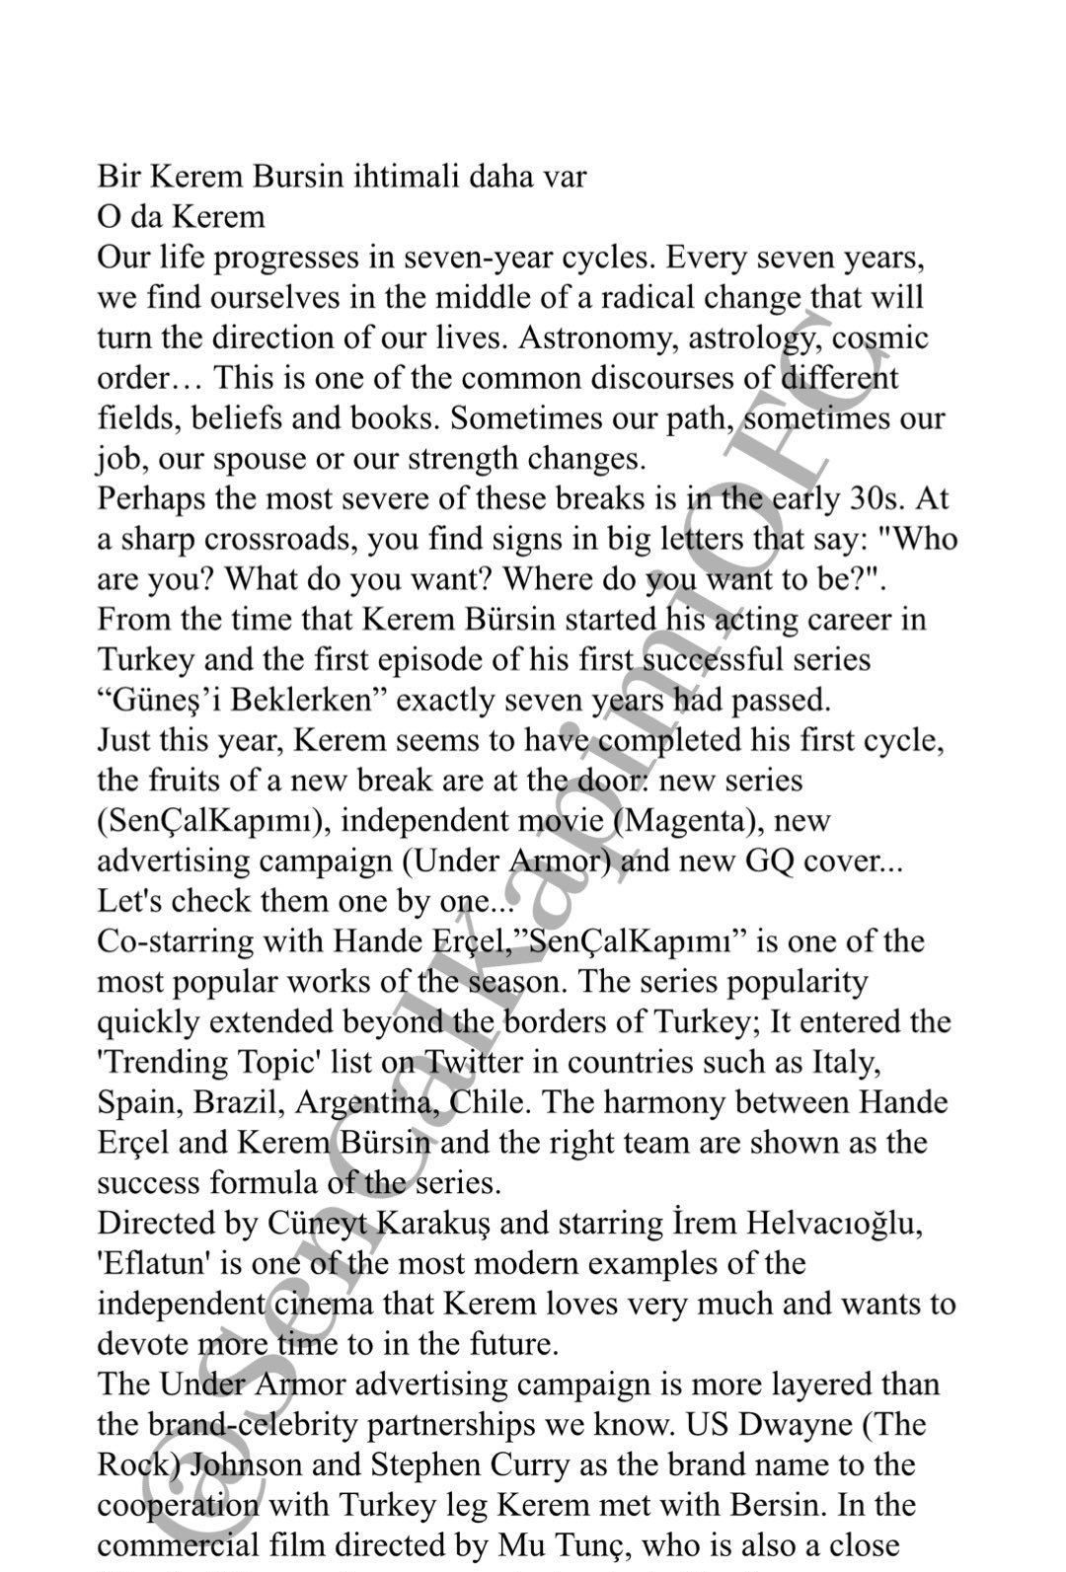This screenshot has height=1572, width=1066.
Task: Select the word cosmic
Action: pos(880,337)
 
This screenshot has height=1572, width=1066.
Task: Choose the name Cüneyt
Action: pos(314,1224)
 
